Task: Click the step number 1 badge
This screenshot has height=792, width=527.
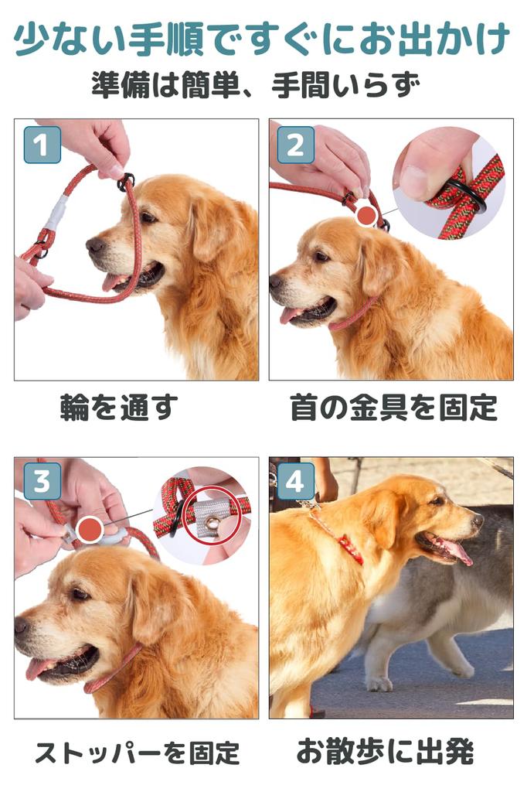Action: pyautogui.click(x=42, y=145)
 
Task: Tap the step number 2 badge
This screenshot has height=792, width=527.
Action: pyautogui.click(x=295, y=145)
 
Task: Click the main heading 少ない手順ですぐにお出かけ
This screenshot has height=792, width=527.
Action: pyautogui.click(x=263, y=39)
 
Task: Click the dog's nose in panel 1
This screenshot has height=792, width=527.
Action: pyautogui.click(x=95, y=246)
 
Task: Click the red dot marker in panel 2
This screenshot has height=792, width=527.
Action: pyautogui.click(x=367, y=216)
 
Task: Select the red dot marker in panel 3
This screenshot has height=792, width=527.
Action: pyautogui.click(x=91, y=530)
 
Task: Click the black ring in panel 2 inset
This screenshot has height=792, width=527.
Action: pyautogui.click(x=467, y=199)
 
